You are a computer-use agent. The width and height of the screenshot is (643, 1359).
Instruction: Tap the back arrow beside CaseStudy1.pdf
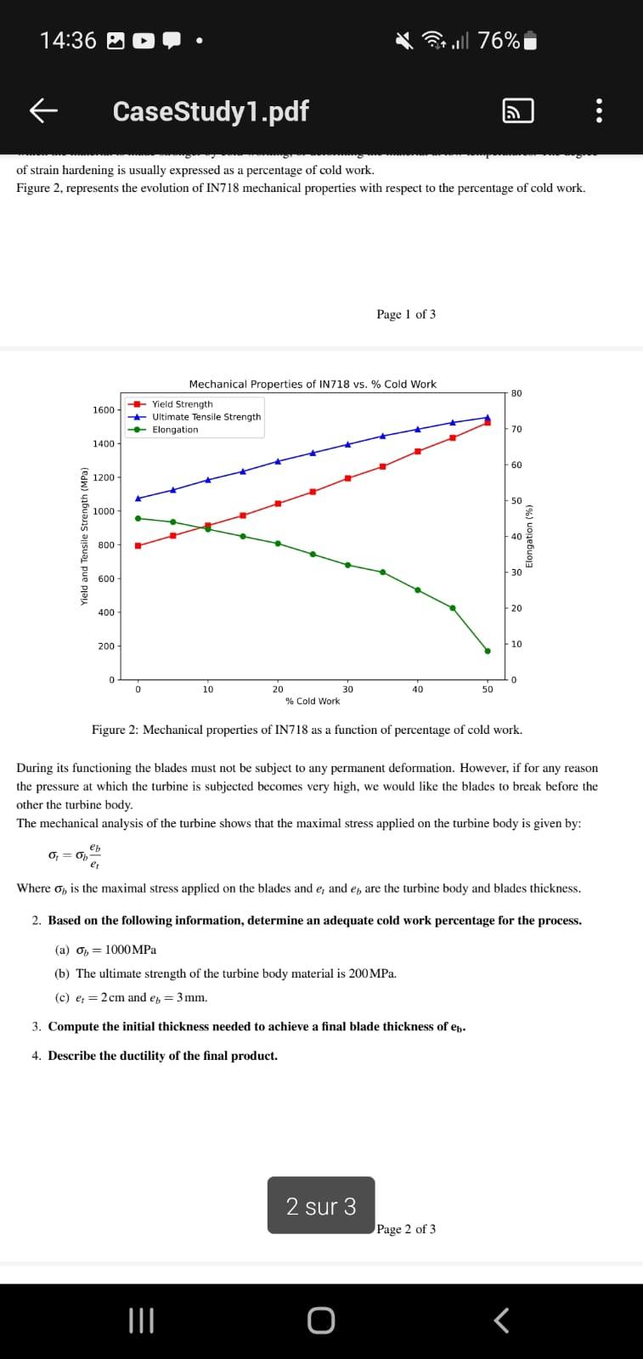43,110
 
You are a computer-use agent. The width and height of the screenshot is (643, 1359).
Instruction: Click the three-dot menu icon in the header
599,111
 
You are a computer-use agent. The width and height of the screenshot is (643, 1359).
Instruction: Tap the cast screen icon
519,111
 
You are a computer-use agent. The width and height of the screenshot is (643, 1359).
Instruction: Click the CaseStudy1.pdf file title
210,111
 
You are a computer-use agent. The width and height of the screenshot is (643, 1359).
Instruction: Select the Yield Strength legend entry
182,404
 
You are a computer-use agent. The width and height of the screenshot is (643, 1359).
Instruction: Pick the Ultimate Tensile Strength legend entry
206,417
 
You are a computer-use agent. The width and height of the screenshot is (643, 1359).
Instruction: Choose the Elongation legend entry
174,430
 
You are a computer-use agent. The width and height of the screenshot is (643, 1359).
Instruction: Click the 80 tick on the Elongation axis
517,393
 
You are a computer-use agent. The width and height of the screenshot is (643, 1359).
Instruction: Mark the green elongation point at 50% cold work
488,651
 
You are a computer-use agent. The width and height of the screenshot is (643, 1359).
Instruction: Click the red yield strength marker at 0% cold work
138,545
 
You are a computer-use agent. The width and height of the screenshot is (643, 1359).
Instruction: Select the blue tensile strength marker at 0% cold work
138,498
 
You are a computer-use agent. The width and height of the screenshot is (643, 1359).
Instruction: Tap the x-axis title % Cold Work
313,702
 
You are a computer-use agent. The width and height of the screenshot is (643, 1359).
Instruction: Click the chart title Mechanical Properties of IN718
313,384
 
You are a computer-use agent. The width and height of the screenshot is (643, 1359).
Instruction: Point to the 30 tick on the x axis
347,690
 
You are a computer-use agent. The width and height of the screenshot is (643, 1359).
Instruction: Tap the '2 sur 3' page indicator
321,1206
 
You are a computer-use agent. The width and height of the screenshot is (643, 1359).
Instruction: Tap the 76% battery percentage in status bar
499,41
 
